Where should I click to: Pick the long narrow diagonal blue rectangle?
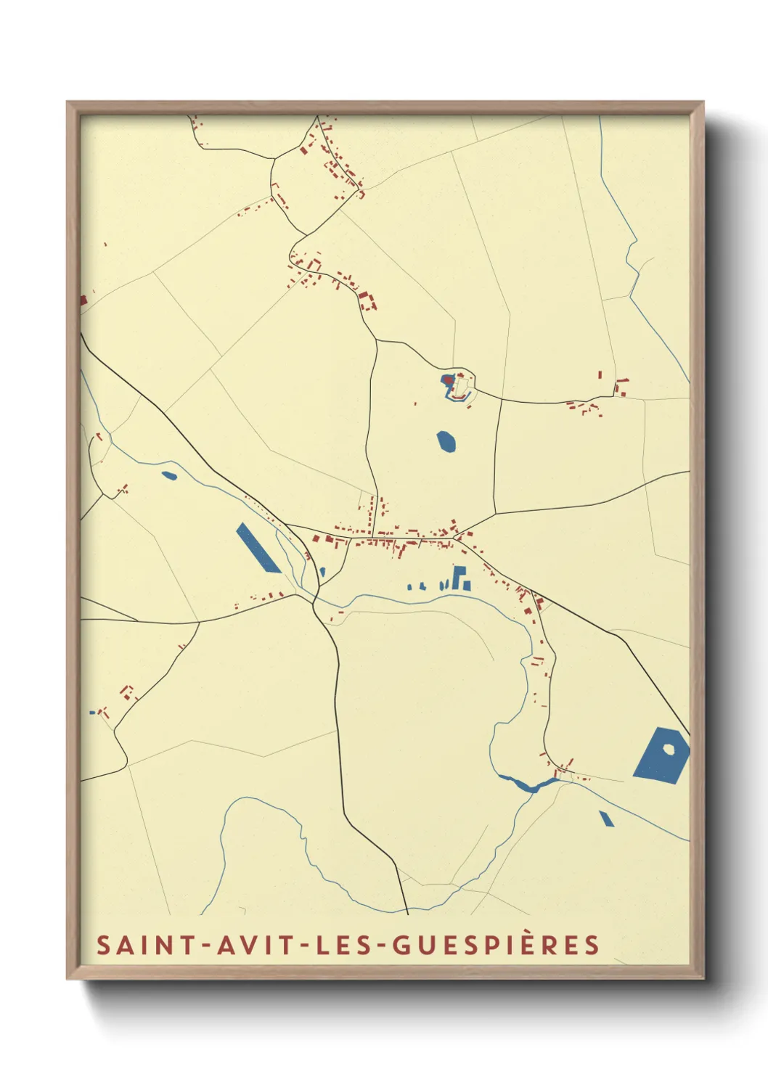coord(258,548)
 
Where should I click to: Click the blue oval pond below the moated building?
coord(446,441)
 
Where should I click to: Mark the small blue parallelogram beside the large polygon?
coord(606,818)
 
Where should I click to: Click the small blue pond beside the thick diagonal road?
coord(169,476)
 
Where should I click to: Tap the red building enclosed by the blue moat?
coord(449,380)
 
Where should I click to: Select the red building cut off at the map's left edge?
coord(83,299)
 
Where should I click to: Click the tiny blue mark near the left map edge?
coord(92,712)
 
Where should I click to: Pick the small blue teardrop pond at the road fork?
coord(322,572)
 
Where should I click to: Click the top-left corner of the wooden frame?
coord(68,103)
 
